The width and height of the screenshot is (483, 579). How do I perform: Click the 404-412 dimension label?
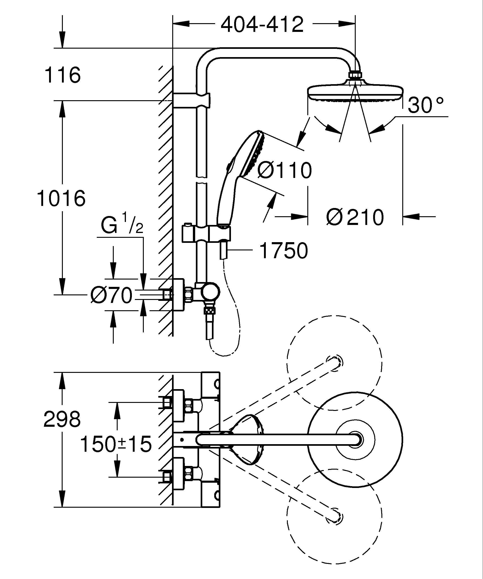click(262, 25)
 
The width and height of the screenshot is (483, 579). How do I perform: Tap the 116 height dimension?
click(63, 75)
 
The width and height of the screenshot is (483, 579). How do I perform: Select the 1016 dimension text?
click(61, 199)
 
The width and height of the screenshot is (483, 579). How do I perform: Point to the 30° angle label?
click(425, 105)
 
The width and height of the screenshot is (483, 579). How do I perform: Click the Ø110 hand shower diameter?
click(285, 171)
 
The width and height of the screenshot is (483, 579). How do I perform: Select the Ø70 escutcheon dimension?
click(112, 296)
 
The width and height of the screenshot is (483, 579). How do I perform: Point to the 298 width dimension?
click(62, 419)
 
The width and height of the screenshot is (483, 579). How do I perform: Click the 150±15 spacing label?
click(116, 444)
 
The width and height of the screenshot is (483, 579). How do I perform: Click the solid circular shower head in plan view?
click(355, 440)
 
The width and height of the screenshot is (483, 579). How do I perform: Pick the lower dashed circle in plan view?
click(334, 515)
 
